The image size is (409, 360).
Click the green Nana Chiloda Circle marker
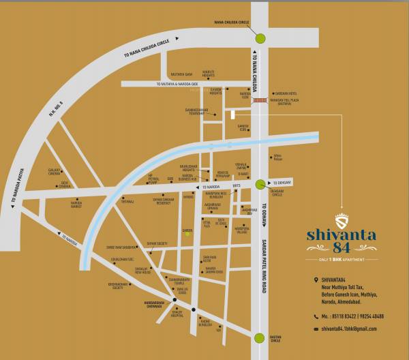click(260, 38)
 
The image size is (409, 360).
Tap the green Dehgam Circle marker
click(260, 183)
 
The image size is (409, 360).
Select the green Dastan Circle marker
click(260, 337)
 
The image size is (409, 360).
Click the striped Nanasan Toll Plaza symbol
click(260, 100)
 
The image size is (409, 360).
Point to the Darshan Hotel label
click(285, 93)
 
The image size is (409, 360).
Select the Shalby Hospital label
click(177, 314)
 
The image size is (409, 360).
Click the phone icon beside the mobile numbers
click(316, 316)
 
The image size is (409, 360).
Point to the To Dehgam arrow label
click(281, 183)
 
